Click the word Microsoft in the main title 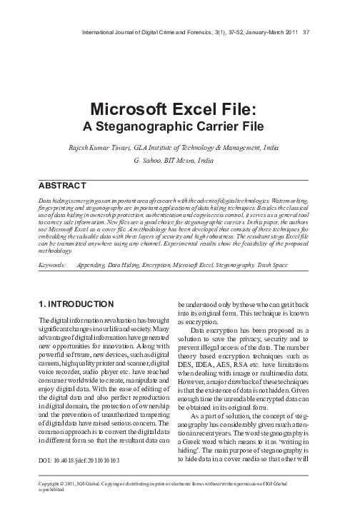(133, 112)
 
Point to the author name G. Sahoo (149, 161)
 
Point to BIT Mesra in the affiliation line (183, 161)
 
